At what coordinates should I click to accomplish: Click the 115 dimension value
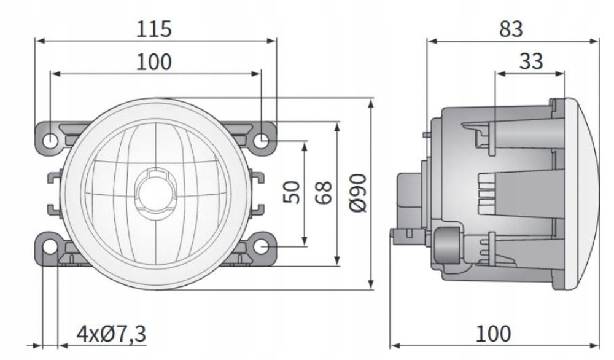point(155,29)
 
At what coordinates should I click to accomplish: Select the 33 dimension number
point(531,61)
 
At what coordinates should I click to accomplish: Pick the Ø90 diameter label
point(359,192)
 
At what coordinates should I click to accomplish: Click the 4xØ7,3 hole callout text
point(111,334)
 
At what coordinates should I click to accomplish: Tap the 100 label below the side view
point(493,334)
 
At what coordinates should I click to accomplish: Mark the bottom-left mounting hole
point(50,247)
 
